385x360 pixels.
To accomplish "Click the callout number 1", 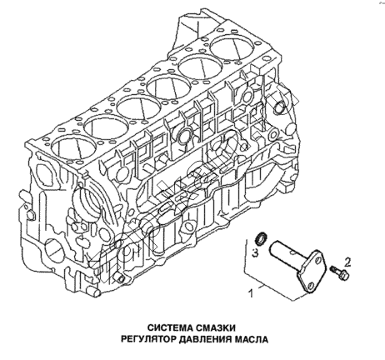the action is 251,293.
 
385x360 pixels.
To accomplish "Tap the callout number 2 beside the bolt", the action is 347,262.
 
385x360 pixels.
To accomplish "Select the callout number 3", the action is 255,252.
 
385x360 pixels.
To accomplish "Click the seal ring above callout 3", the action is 261,239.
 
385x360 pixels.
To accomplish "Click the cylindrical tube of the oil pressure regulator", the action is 284,250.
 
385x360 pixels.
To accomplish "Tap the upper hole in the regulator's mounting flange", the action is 318,260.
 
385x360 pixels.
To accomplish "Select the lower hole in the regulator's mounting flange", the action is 311,285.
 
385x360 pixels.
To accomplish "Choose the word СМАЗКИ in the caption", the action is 215,327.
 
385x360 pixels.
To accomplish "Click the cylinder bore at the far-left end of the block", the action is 72,147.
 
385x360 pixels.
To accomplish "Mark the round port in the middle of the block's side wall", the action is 184,135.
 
